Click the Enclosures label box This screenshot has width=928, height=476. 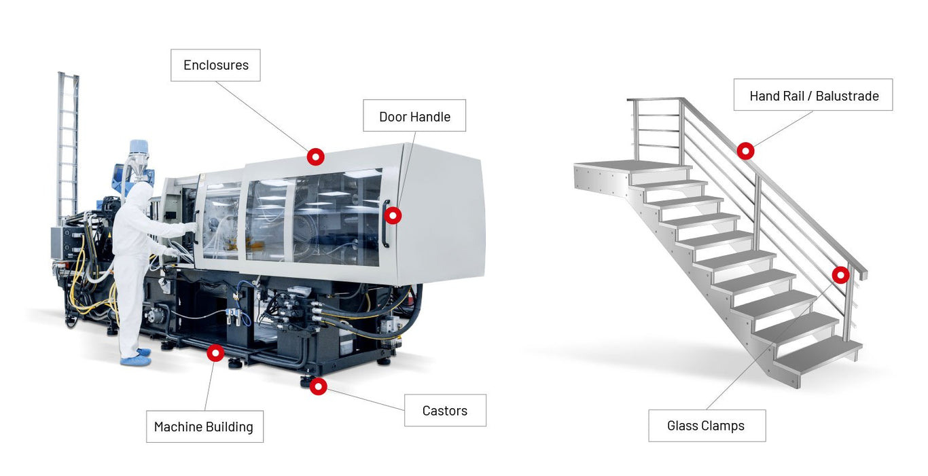tap(215, 65)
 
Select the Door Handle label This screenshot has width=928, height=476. tap(414, 116)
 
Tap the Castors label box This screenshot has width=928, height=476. tap(445, 411)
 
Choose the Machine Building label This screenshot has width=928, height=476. tap(204, 426)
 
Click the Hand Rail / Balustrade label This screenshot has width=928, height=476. tap(813, 96)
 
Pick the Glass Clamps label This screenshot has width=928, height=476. tap(706, 426)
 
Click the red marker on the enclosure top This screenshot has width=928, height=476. tap(315, 157)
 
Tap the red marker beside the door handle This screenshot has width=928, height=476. tap(393, 216)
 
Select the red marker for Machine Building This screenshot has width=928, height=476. tap(215, 352)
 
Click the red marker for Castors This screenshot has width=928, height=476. tap(318, 387)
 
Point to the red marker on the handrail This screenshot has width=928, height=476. tap(745, 151)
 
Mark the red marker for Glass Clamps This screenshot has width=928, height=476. tap(840, 275)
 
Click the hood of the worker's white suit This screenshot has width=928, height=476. tap(140, 194)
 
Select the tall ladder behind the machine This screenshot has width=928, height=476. tap(67, 143)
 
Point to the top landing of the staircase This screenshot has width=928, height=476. tap(625, 166)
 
